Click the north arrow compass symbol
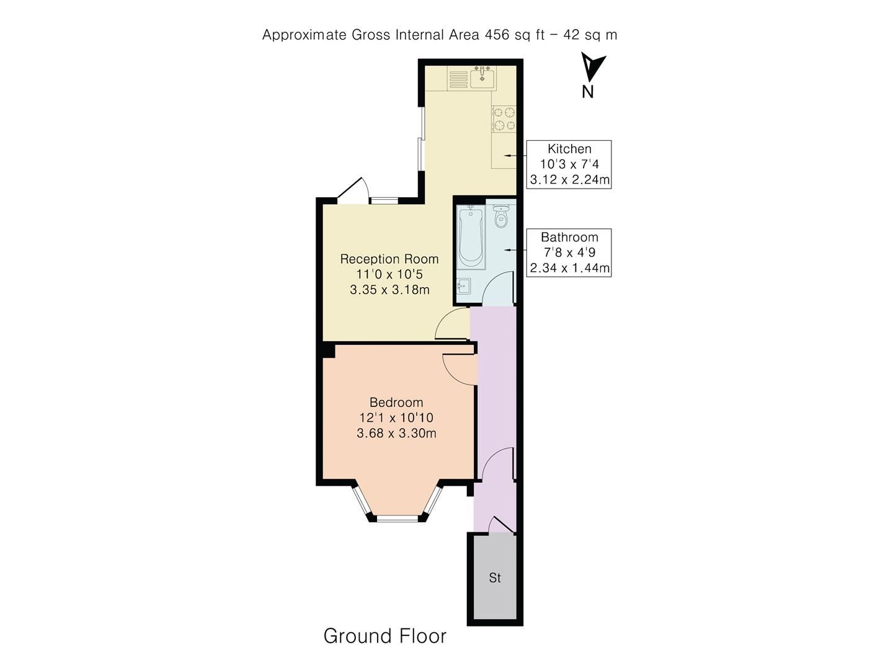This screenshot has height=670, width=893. coord(592,68)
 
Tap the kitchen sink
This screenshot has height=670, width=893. coord(482,78)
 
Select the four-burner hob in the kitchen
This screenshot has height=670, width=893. coord(504,119)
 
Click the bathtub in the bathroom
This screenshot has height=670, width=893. coord(471,238)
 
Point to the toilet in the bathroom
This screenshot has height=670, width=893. coord(501,217)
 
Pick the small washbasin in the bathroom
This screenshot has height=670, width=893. coord(463,287)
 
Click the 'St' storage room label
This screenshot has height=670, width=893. coord(495,578)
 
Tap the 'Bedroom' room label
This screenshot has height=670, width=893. coord(396,403)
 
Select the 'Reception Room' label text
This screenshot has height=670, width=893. coord(389,259)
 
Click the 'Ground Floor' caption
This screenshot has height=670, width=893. coord(384,636)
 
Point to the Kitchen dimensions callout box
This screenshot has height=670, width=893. coord(569,164)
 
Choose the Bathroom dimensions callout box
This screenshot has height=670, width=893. coord(569,252)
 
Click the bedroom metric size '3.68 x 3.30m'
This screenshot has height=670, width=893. coord(396,433)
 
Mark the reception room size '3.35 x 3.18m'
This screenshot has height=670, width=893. coord(389,289)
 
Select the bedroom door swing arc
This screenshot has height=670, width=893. coord(458,369)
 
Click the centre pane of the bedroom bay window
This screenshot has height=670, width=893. coord(397,517)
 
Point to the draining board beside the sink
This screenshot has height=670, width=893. coord(458,79)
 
